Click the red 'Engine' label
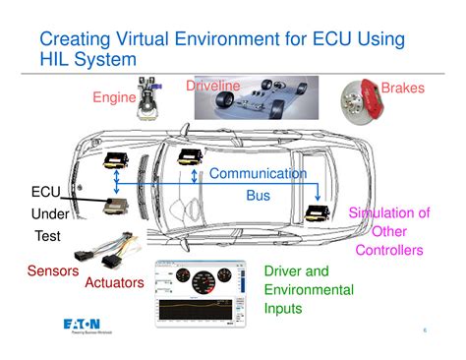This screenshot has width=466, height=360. coord(113,97)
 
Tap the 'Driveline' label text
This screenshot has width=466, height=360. coord(212,87)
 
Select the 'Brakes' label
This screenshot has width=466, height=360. coord(402,89)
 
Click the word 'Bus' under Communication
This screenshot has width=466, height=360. coord(258,196)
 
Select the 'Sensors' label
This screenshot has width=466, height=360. coord(53,270)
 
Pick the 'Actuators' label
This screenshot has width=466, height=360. coord(113,282)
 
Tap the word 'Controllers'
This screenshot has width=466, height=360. coord(389,250)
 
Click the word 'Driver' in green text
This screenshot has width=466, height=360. coord(283,270)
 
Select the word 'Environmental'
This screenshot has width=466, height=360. coord(309,289)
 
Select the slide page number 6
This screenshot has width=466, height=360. coord(425,330)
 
